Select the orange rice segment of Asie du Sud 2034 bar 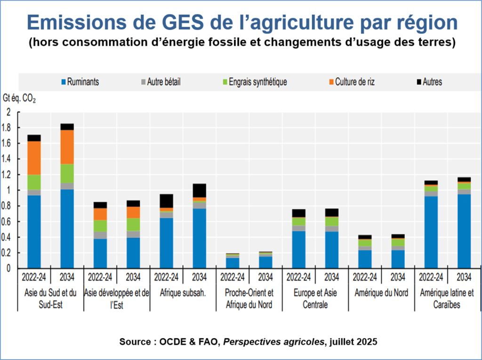tap(67, 147)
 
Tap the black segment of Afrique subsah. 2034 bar tap(200, 190)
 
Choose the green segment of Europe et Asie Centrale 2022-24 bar tap(298, 221)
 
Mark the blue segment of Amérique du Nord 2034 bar tap(398, 259)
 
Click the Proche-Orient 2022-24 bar tap(233, 261)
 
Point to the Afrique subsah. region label tap(183, 293)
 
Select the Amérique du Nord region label tap(381, 293)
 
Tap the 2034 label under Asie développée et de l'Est tap(133, 276)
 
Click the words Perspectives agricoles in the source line tap(273, 342)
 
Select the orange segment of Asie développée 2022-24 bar tap(100, 214)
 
